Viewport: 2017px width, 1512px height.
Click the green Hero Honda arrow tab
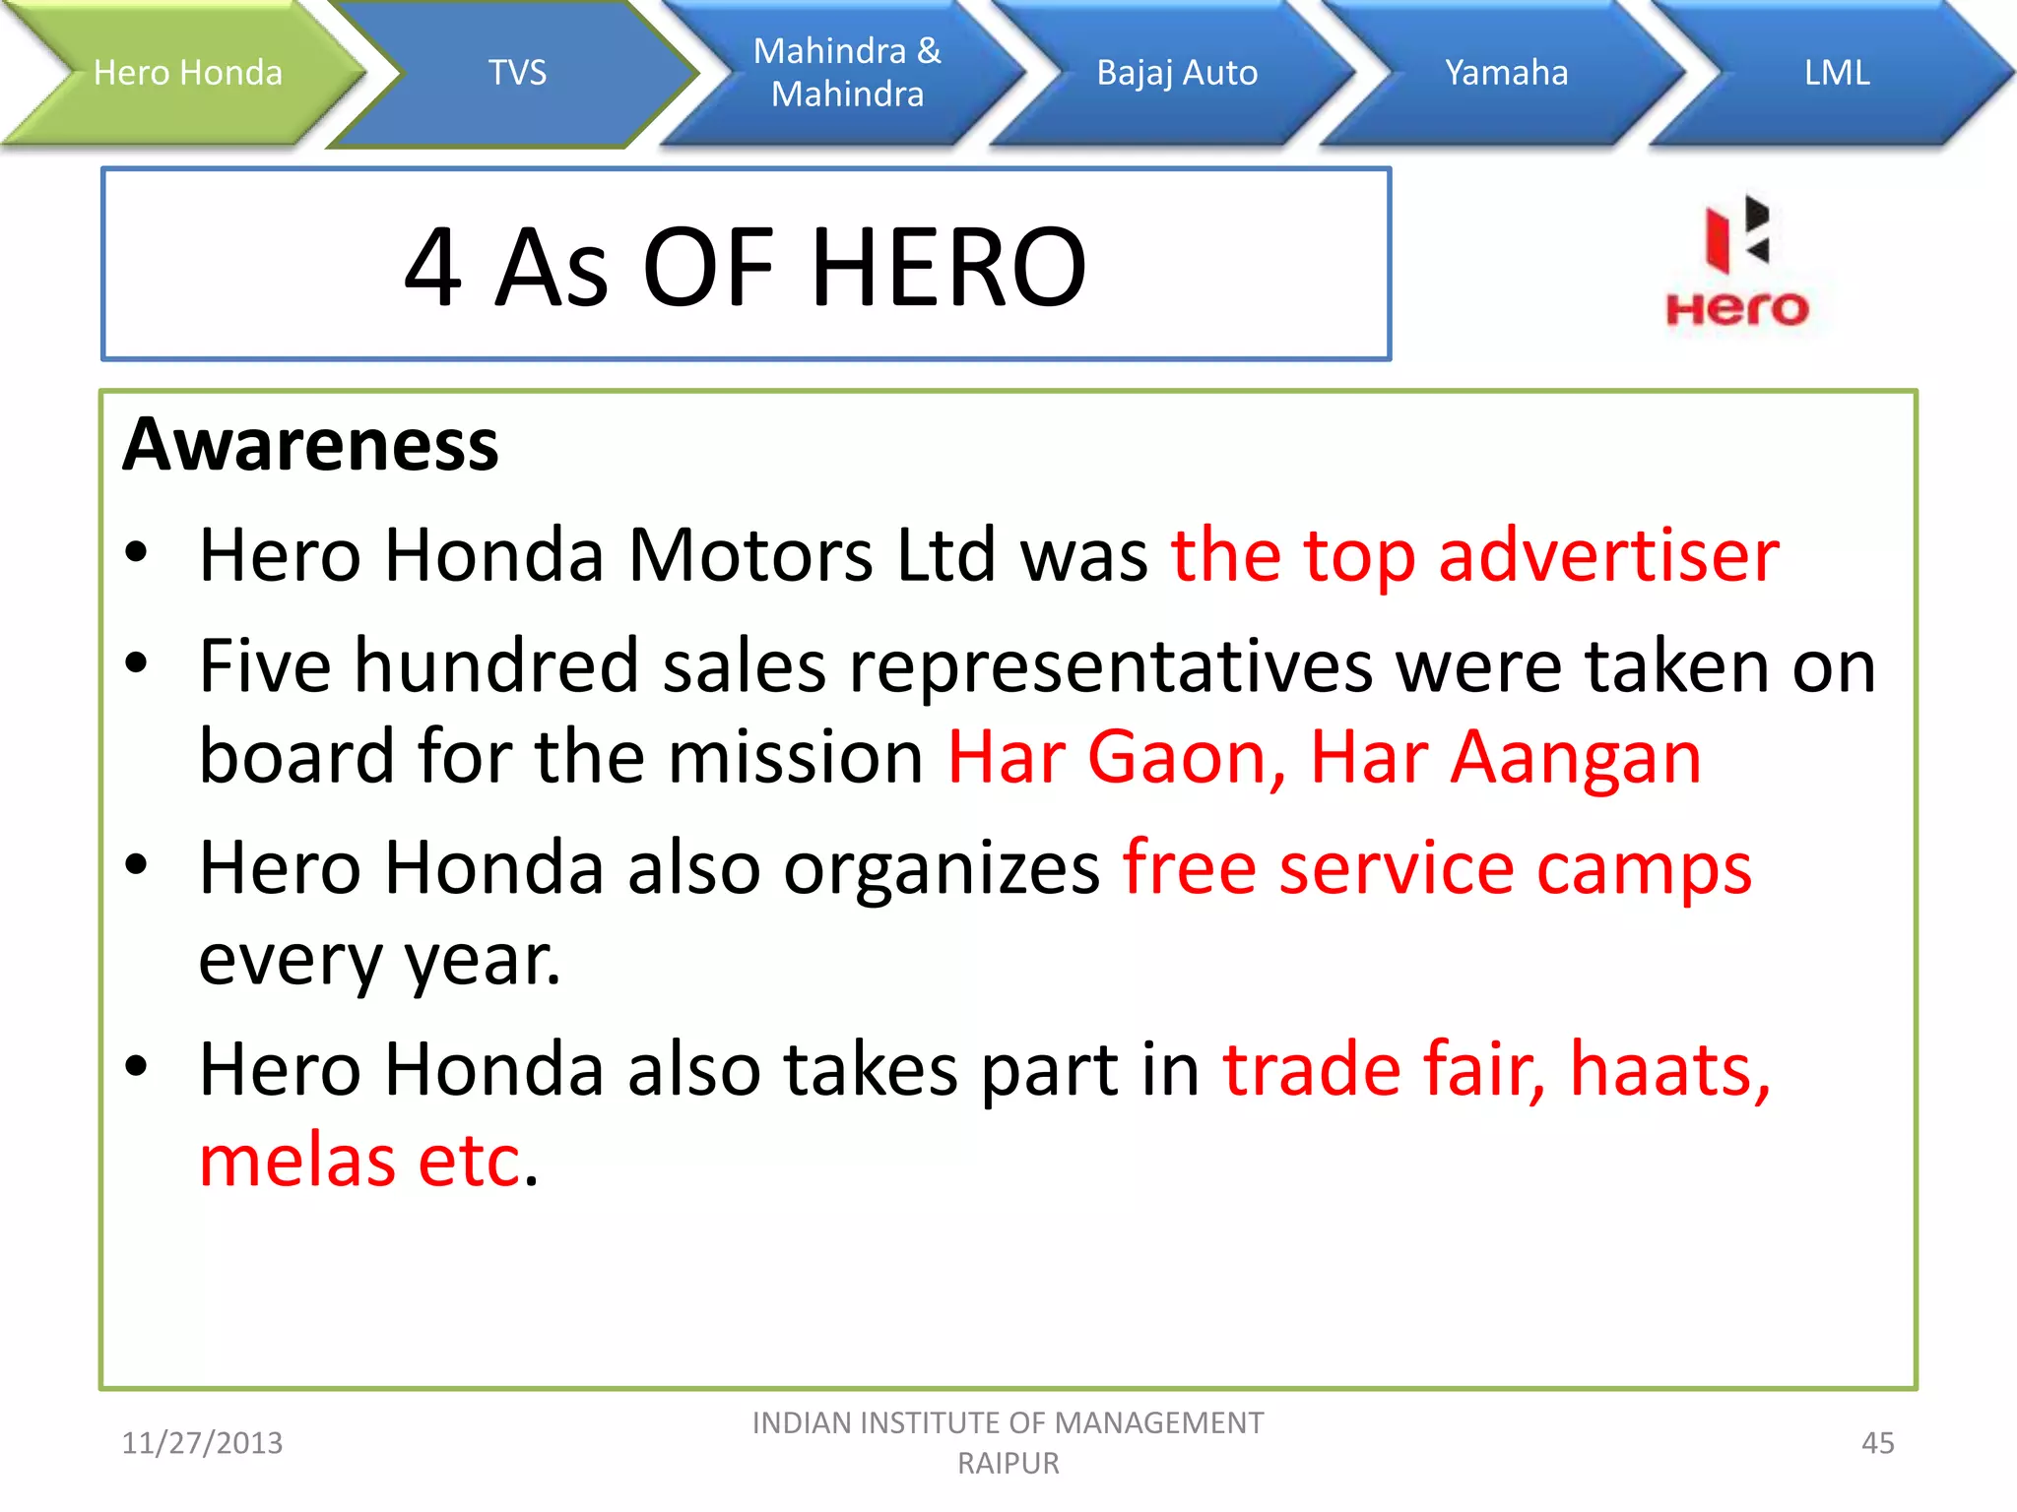[x=187, y=73]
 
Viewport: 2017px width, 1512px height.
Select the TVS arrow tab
[x=517, y=73]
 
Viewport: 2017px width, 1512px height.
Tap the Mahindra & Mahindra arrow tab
[x=847, y=73]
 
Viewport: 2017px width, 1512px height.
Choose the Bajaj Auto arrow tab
[x=1177, y=73]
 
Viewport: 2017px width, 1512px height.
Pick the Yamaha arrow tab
[x=1506, y=73]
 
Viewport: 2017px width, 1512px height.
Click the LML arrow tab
[x=1837, y=73]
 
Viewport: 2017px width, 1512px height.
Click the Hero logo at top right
[x=1737, y=261]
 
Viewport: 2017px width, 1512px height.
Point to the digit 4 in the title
[x=433, y=268]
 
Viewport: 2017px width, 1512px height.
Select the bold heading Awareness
[x=311, y=445]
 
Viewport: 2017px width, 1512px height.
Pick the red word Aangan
[x=1575, y=757]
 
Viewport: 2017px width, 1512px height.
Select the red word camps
[x=1644, y=868]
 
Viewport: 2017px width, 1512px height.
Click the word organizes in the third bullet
[x=942, y=868]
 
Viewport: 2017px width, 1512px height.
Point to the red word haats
[x=1669, y=1069]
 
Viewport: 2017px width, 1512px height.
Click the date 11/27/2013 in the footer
[x=202, y=1443]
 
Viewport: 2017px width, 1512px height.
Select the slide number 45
[x=1877, y=1443]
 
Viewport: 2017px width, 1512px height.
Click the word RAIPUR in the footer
[x=1008, y=1464]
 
